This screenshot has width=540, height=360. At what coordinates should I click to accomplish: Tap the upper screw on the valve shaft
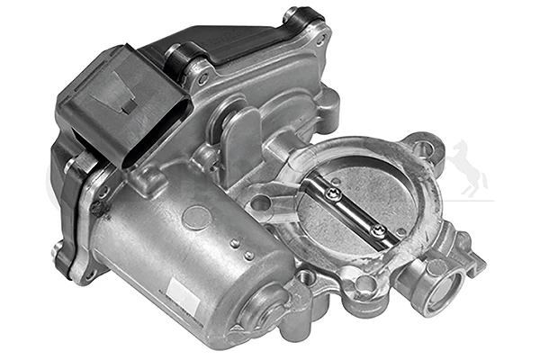coord(335,192)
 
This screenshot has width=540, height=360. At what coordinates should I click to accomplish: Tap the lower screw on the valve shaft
coord(379,231)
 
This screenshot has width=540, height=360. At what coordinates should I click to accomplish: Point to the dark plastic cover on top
coord(243,49)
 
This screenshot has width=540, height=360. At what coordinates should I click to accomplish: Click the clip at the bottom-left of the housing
coord(64,261)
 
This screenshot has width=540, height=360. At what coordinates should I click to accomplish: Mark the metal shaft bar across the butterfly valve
coord(356,211)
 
